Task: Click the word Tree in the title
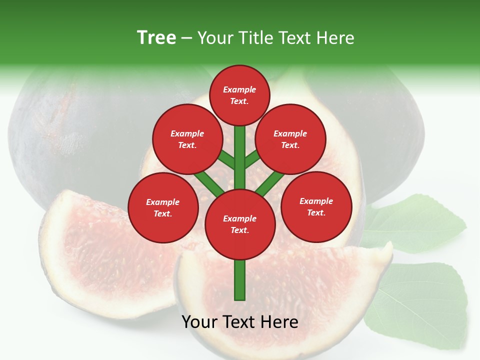[156, 37]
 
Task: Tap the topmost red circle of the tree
[239, 95]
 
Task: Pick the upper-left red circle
[187, 139]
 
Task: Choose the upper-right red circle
[290, 139]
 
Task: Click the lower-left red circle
[162, 207]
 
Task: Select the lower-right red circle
[316, 206]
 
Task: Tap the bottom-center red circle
[239, 224]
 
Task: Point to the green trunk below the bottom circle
[239, 280]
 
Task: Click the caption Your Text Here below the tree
[239, 322]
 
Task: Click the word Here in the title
[335, 38]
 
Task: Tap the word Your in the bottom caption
[200, 322]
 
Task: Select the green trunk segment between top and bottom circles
[239, 157]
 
